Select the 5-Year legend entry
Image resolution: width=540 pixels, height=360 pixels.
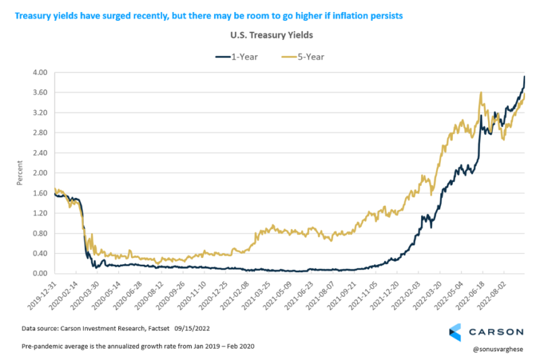pyautogui.click(x=303, y=57)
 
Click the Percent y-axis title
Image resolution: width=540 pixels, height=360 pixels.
pyautogui.click(x=20, y=173)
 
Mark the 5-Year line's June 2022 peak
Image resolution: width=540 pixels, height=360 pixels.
pyautogui.click(x=480, y=93)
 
